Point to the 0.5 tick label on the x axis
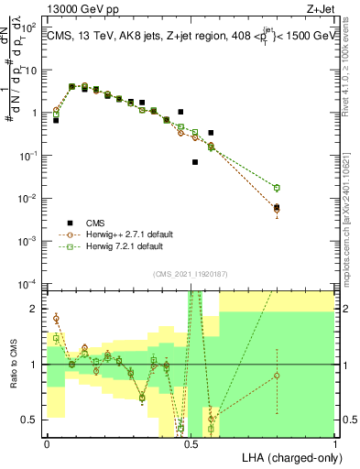[191, 443]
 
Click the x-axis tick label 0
[47, 443]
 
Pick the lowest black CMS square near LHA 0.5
[195, 162]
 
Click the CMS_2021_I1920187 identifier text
[190, 273]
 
